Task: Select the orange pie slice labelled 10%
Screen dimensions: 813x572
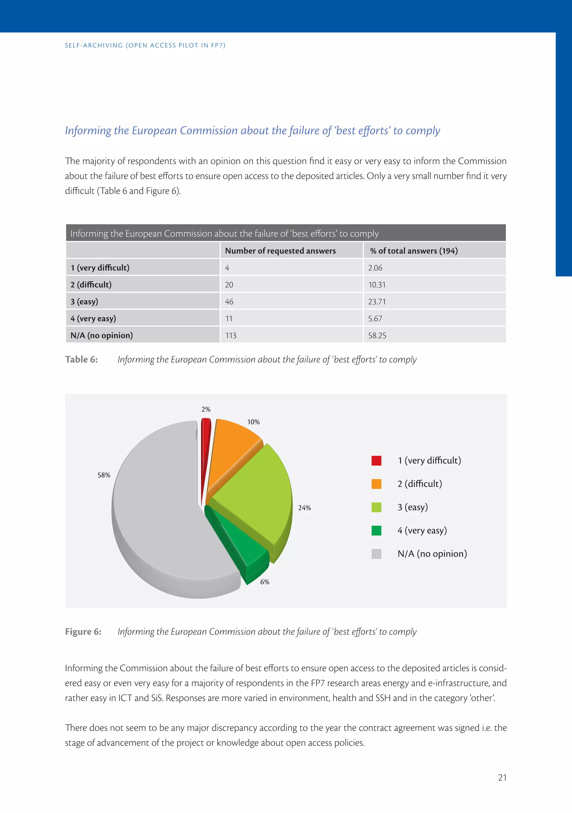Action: [230, 450]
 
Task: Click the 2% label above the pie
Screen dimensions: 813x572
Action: [206, 409]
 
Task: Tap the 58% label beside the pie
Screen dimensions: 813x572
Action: [104, 475]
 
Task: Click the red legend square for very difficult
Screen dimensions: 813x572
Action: [376, 461]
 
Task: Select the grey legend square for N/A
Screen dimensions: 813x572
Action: [376, 554]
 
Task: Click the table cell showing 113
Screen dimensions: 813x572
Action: [231, 335]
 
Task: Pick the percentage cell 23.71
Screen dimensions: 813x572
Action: [377, 302]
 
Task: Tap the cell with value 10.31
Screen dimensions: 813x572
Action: [377, 285]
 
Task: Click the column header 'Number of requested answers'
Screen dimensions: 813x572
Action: [280, 251]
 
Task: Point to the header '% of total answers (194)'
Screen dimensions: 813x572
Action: [414, 251]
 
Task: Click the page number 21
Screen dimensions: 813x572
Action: [502, 778]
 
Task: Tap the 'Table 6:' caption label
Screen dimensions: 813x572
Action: [81, 359]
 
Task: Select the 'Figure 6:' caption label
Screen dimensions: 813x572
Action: [83, 632]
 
